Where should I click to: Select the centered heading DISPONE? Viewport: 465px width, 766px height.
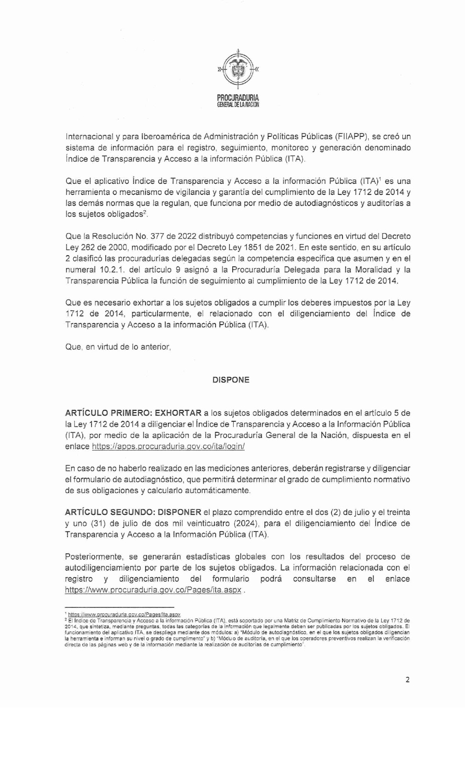coord(231,380)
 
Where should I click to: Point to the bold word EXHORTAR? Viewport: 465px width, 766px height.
coord(178,413)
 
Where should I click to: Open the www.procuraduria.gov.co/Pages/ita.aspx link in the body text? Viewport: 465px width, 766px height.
coord(153,590)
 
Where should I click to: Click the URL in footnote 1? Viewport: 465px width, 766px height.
coord(124,614)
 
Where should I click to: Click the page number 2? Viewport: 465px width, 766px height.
coord(408,680)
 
